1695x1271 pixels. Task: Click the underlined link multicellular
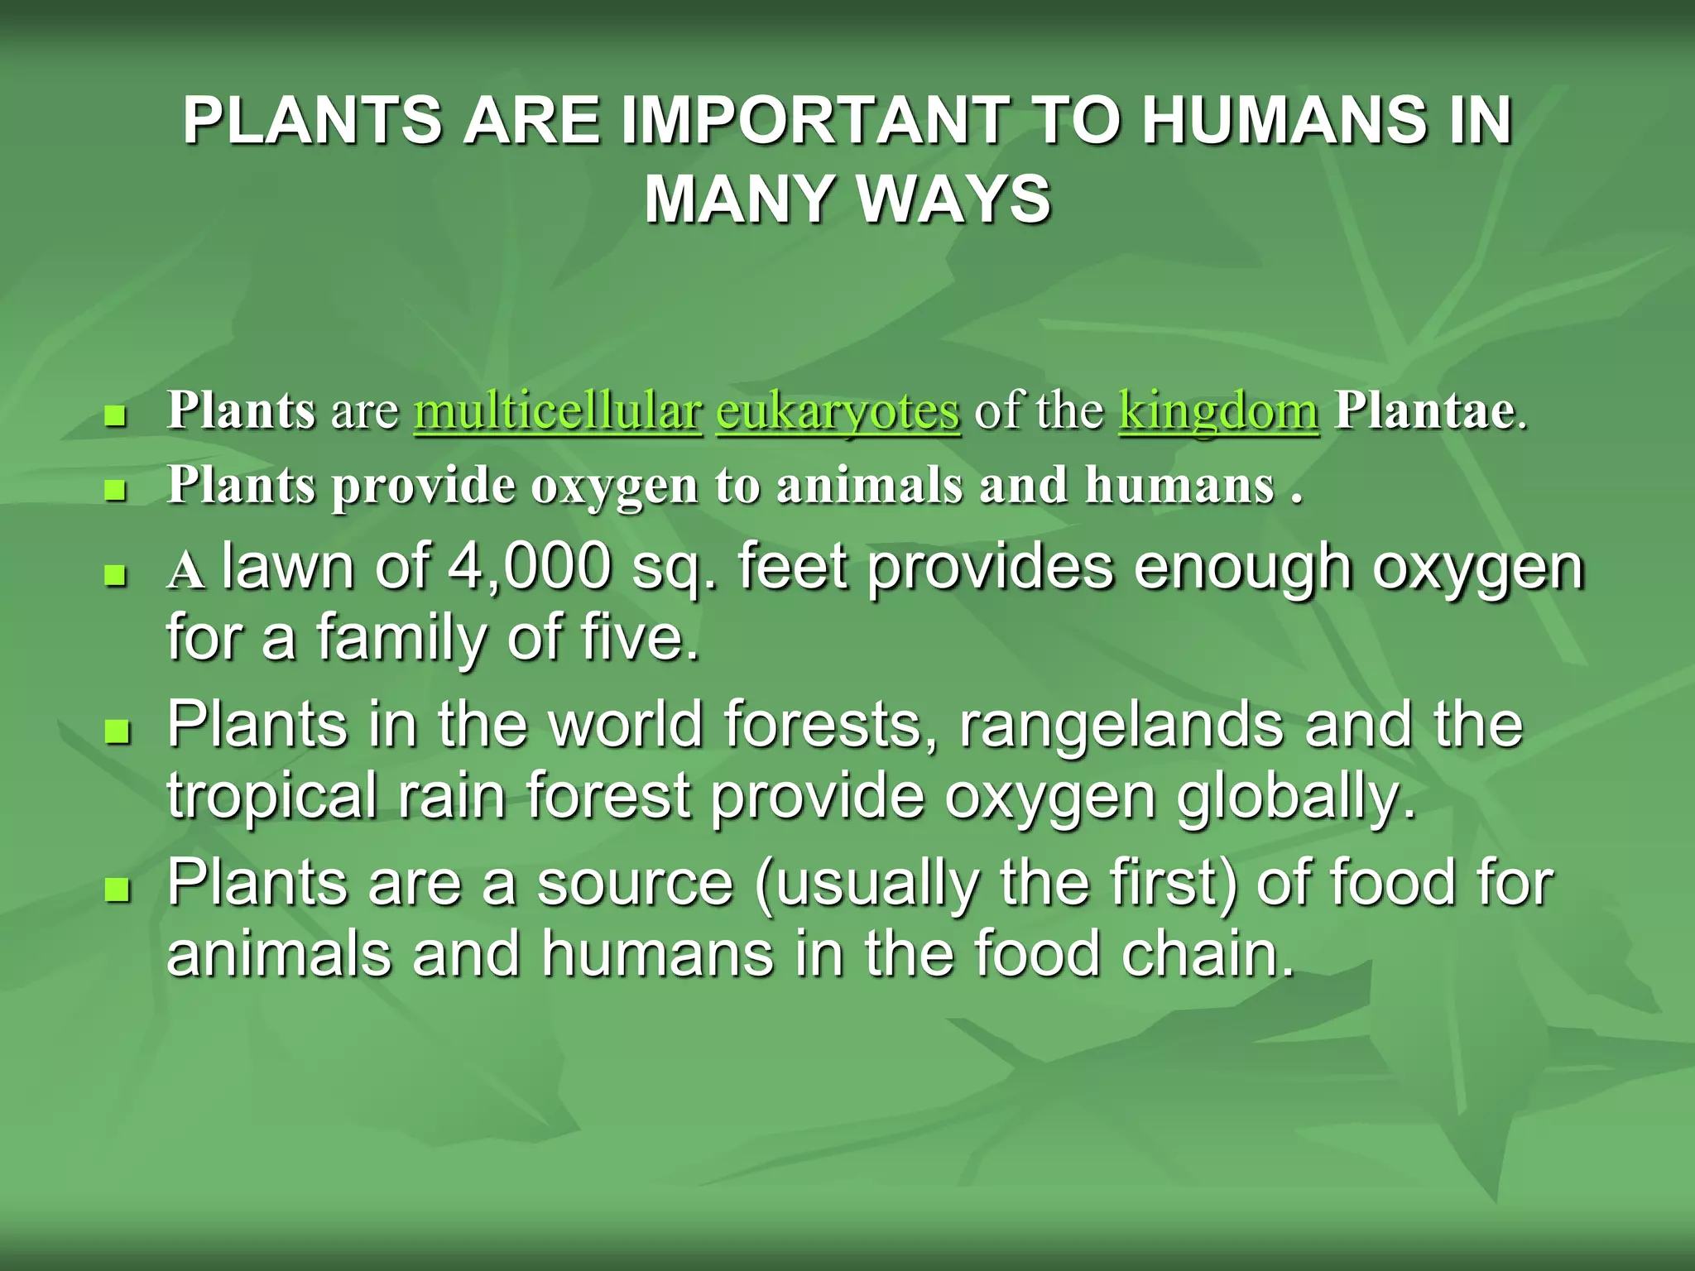point(558,411)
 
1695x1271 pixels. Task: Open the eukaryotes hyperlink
point(838,411)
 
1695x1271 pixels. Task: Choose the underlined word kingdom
point(1218,411)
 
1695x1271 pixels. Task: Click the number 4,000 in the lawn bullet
point(530,568)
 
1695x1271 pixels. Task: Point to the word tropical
point(271,796)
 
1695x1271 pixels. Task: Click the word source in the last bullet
point(635,884)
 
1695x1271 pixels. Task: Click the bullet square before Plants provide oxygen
point(116,492)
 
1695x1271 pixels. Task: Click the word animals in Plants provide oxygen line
point(869,485)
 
